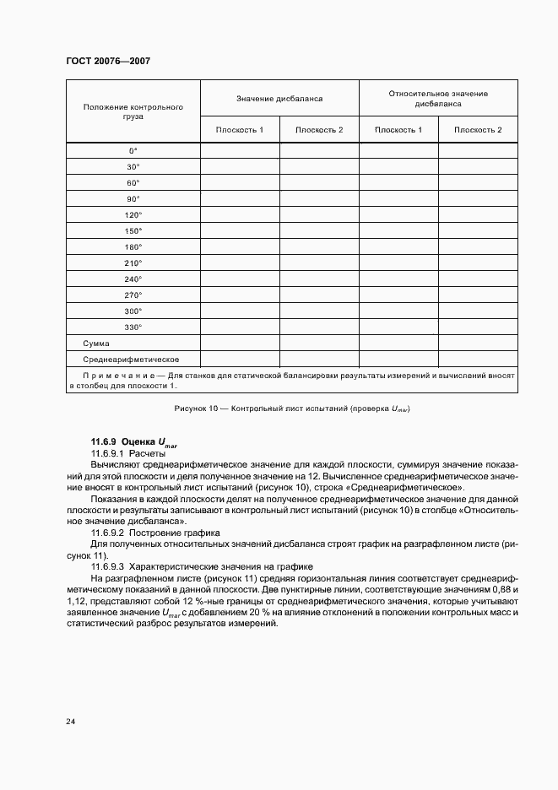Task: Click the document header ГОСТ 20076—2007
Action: click(107, 62)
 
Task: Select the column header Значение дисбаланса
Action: click(279, 99)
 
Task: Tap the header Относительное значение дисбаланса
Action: click(438, 99)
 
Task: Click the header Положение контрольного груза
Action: click(133, 111)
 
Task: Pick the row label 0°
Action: click(133, 151)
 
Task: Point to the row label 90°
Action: click(133, 199)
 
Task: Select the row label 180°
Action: click(133, 247)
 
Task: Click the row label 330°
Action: click(133, 327)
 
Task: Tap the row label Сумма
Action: click(97, 344)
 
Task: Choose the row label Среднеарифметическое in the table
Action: click(131, 360)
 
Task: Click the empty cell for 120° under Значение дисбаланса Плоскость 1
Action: click(240, 215)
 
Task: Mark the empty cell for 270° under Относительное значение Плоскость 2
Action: click(478, 295)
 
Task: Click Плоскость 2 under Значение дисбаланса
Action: click(319, 130)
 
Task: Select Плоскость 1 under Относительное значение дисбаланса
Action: click(398, 130)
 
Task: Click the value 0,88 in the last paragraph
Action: click(504, 587)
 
